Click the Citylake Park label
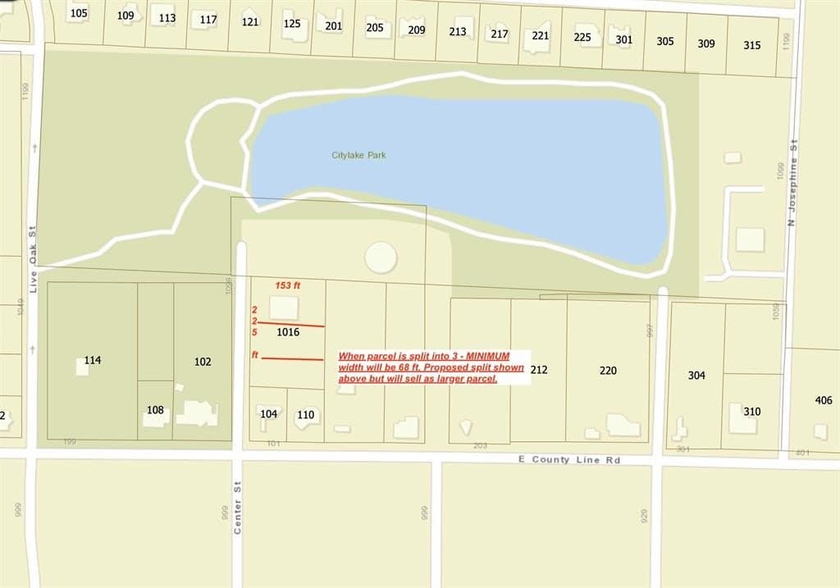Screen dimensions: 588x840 [358, 155]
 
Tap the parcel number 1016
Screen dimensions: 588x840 [287, 332]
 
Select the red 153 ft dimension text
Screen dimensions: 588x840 [288, 285]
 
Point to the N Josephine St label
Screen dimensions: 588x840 [792, 184]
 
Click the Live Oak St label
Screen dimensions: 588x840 [34, 257]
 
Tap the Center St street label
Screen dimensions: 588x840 [238, 508]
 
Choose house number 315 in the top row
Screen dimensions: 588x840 [751, 45]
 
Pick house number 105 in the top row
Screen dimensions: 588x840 [78, 13]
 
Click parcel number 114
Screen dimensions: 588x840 [92, 360]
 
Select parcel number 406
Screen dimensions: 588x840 [823, 400]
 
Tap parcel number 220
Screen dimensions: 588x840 [607, 371]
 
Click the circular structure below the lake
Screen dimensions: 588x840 [381, 258]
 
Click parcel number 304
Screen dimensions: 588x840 [696, 376]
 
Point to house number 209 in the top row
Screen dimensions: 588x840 [416, 30]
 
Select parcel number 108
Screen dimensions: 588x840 [155, 410]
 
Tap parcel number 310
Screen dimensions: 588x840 [751, 412]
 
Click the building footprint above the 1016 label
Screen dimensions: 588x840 [285, 309]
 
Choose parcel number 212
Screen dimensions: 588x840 [538, 370]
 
